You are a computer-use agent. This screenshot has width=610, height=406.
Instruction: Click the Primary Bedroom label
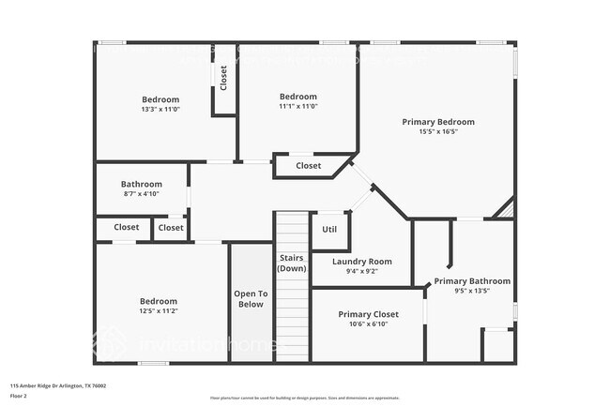click(x=438, y=122)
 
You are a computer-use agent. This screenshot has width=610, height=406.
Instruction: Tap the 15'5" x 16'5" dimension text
click(x=438, y=132)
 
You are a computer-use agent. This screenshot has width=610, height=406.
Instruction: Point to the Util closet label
click(x=329, y=229)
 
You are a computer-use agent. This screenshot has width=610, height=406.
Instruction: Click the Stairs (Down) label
click(x=291, y=263)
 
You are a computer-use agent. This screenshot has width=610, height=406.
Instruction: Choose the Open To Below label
click(x=251, y=298)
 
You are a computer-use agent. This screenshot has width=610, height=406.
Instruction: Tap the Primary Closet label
click(x=368, y=314)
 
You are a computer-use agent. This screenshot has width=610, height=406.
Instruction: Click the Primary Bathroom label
click(x=472, y=281)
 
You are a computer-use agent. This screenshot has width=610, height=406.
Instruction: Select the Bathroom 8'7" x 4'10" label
click(x=142, y=184)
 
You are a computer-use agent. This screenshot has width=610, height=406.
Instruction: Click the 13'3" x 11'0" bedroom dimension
click(x=160, y=110)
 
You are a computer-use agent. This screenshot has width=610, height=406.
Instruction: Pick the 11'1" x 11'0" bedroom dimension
click(x=298, y=107)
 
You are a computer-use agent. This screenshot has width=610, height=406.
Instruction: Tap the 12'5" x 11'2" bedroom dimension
click(x=158, y=311)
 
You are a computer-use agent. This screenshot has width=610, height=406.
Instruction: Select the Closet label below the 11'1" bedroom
click(x=308, y=166)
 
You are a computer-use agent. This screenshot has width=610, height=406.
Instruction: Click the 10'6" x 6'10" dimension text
click(x=368, y=324)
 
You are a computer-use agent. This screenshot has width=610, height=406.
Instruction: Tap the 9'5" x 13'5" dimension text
click(x=472, y=292)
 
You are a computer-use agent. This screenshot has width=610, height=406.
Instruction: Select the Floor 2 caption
click(x=19, y=396)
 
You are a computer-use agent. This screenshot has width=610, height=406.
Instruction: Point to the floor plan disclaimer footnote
click(x=305, y=397)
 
